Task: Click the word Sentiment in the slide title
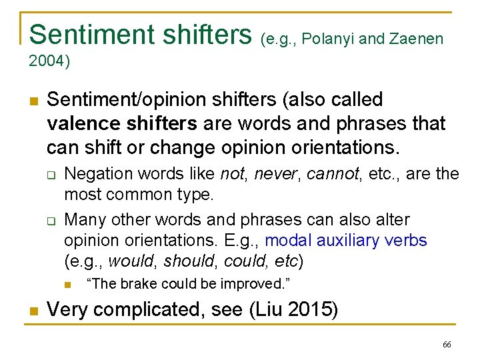point(81,35)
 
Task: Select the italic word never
point(269,174)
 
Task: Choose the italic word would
point(129,261)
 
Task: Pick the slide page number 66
point(447,345)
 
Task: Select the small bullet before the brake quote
point(68,285)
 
